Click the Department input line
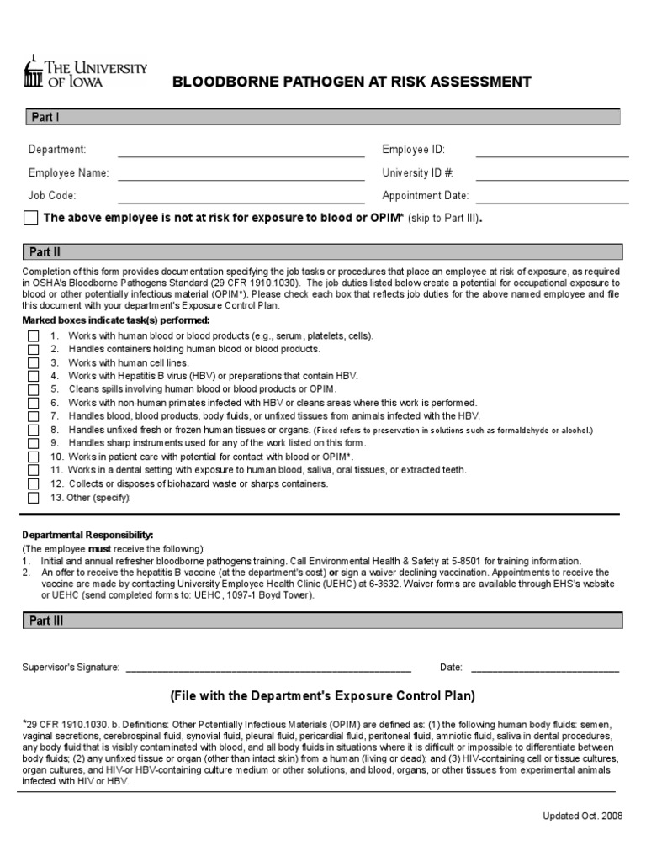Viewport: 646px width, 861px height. pyautogui.click(x=241, y=154)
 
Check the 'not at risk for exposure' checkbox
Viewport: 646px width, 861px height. pyautogui.click(x=31, y=219)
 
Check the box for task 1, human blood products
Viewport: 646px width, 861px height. pyautogui.click(x=33, y=336)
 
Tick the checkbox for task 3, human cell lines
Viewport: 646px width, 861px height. pyautogui.click(x=33, y=363)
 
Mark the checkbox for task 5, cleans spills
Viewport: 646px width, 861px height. pyautogui.click(x=33, y=390)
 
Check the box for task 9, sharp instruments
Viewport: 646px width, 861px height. pyautogui.click(x=33, y=443)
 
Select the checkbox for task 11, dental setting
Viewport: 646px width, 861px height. pyautogui.click(x=33, y=470)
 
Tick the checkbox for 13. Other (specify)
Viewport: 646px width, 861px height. pyautogui.click(x=33, y=497)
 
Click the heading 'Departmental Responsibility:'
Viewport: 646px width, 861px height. pyautogui.click(x=87, y=535)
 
